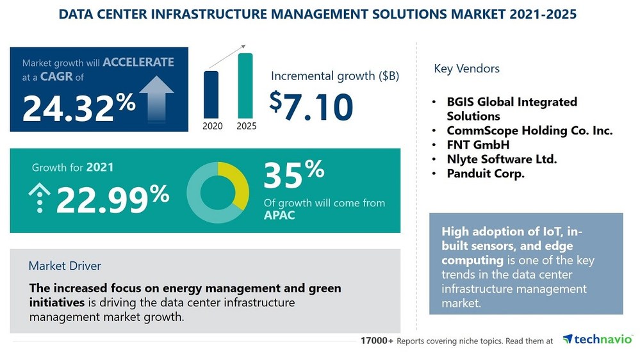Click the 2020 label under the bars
point(212,126)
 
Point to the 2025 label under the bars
point(246,126)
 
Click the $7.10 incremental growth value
point(311,106)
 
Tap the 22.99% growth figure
point(113,199)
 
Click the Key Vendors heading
point(466,69)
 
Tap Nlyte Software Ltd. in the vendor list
point(502,159)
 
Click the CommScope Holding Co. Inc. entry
point(530,131)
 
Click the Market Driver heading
point(65,265)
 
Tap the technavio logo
point(598,340)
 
